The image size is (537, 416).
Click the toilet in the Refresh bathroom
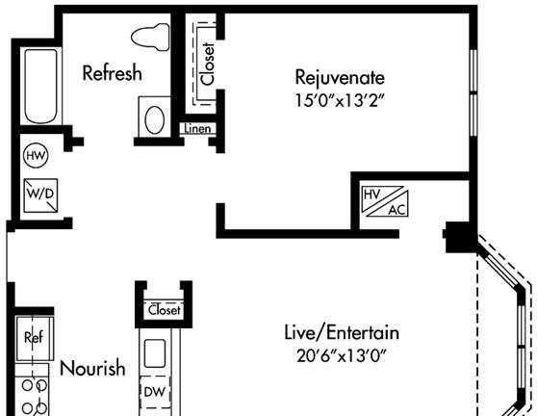pyautogui.click(x=151, y=37)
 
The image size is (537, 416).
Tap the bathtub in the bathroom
pyautogui.click(x=40, y=86)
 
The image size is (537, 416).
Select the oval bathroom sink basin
pyautogui.click(x=154, y=119)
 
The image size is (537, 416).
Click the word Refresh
pyautogui.click(x=113, y=72)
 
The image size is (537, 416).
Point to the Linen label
pyautogui.click(x=197, y=128)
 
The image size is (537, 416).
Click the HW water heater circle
pyautogui.click(x=36, y=156)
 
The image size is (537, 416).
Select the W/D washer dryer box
pyautogui.click(x=40, y=195)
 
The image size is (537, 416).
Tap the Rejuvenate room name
pyautogui.click(x=340, y=78)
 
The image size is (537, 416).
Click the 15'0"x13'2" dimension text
pyautogui.click(x=339, y=101)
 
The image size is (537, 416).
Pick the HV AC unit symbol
pyautogui.click(x=385, y=201)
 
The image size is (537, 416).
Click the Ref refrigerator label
pyautogui.click(x=34, y=337)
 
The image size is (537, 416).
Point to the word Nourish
pyautogui.click(x=92, y=368)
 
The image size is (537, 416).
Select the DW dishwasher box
pyautogui.click(x=155, y=392)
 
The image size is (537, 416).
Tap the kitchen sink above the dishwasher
pyautogui.click(x=154, y=353)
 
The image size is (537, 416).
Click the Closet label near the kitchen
pyautogui.click(x=164, y=310)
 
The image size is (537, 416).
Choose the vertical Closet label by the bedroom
pyautogui.click(x=208, y=64)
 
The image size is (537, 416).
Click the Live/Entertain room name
pyautogui.click(x=342, y=333)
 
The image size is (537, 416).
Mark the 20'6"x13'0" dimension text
pyautogui.click(x=341, y=355)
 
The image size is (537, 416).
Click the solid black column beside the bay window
pyautogui.click(x=460, y=237)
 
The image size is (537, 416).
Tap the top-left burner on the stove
pyautogui.click(x=27, y=385)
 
